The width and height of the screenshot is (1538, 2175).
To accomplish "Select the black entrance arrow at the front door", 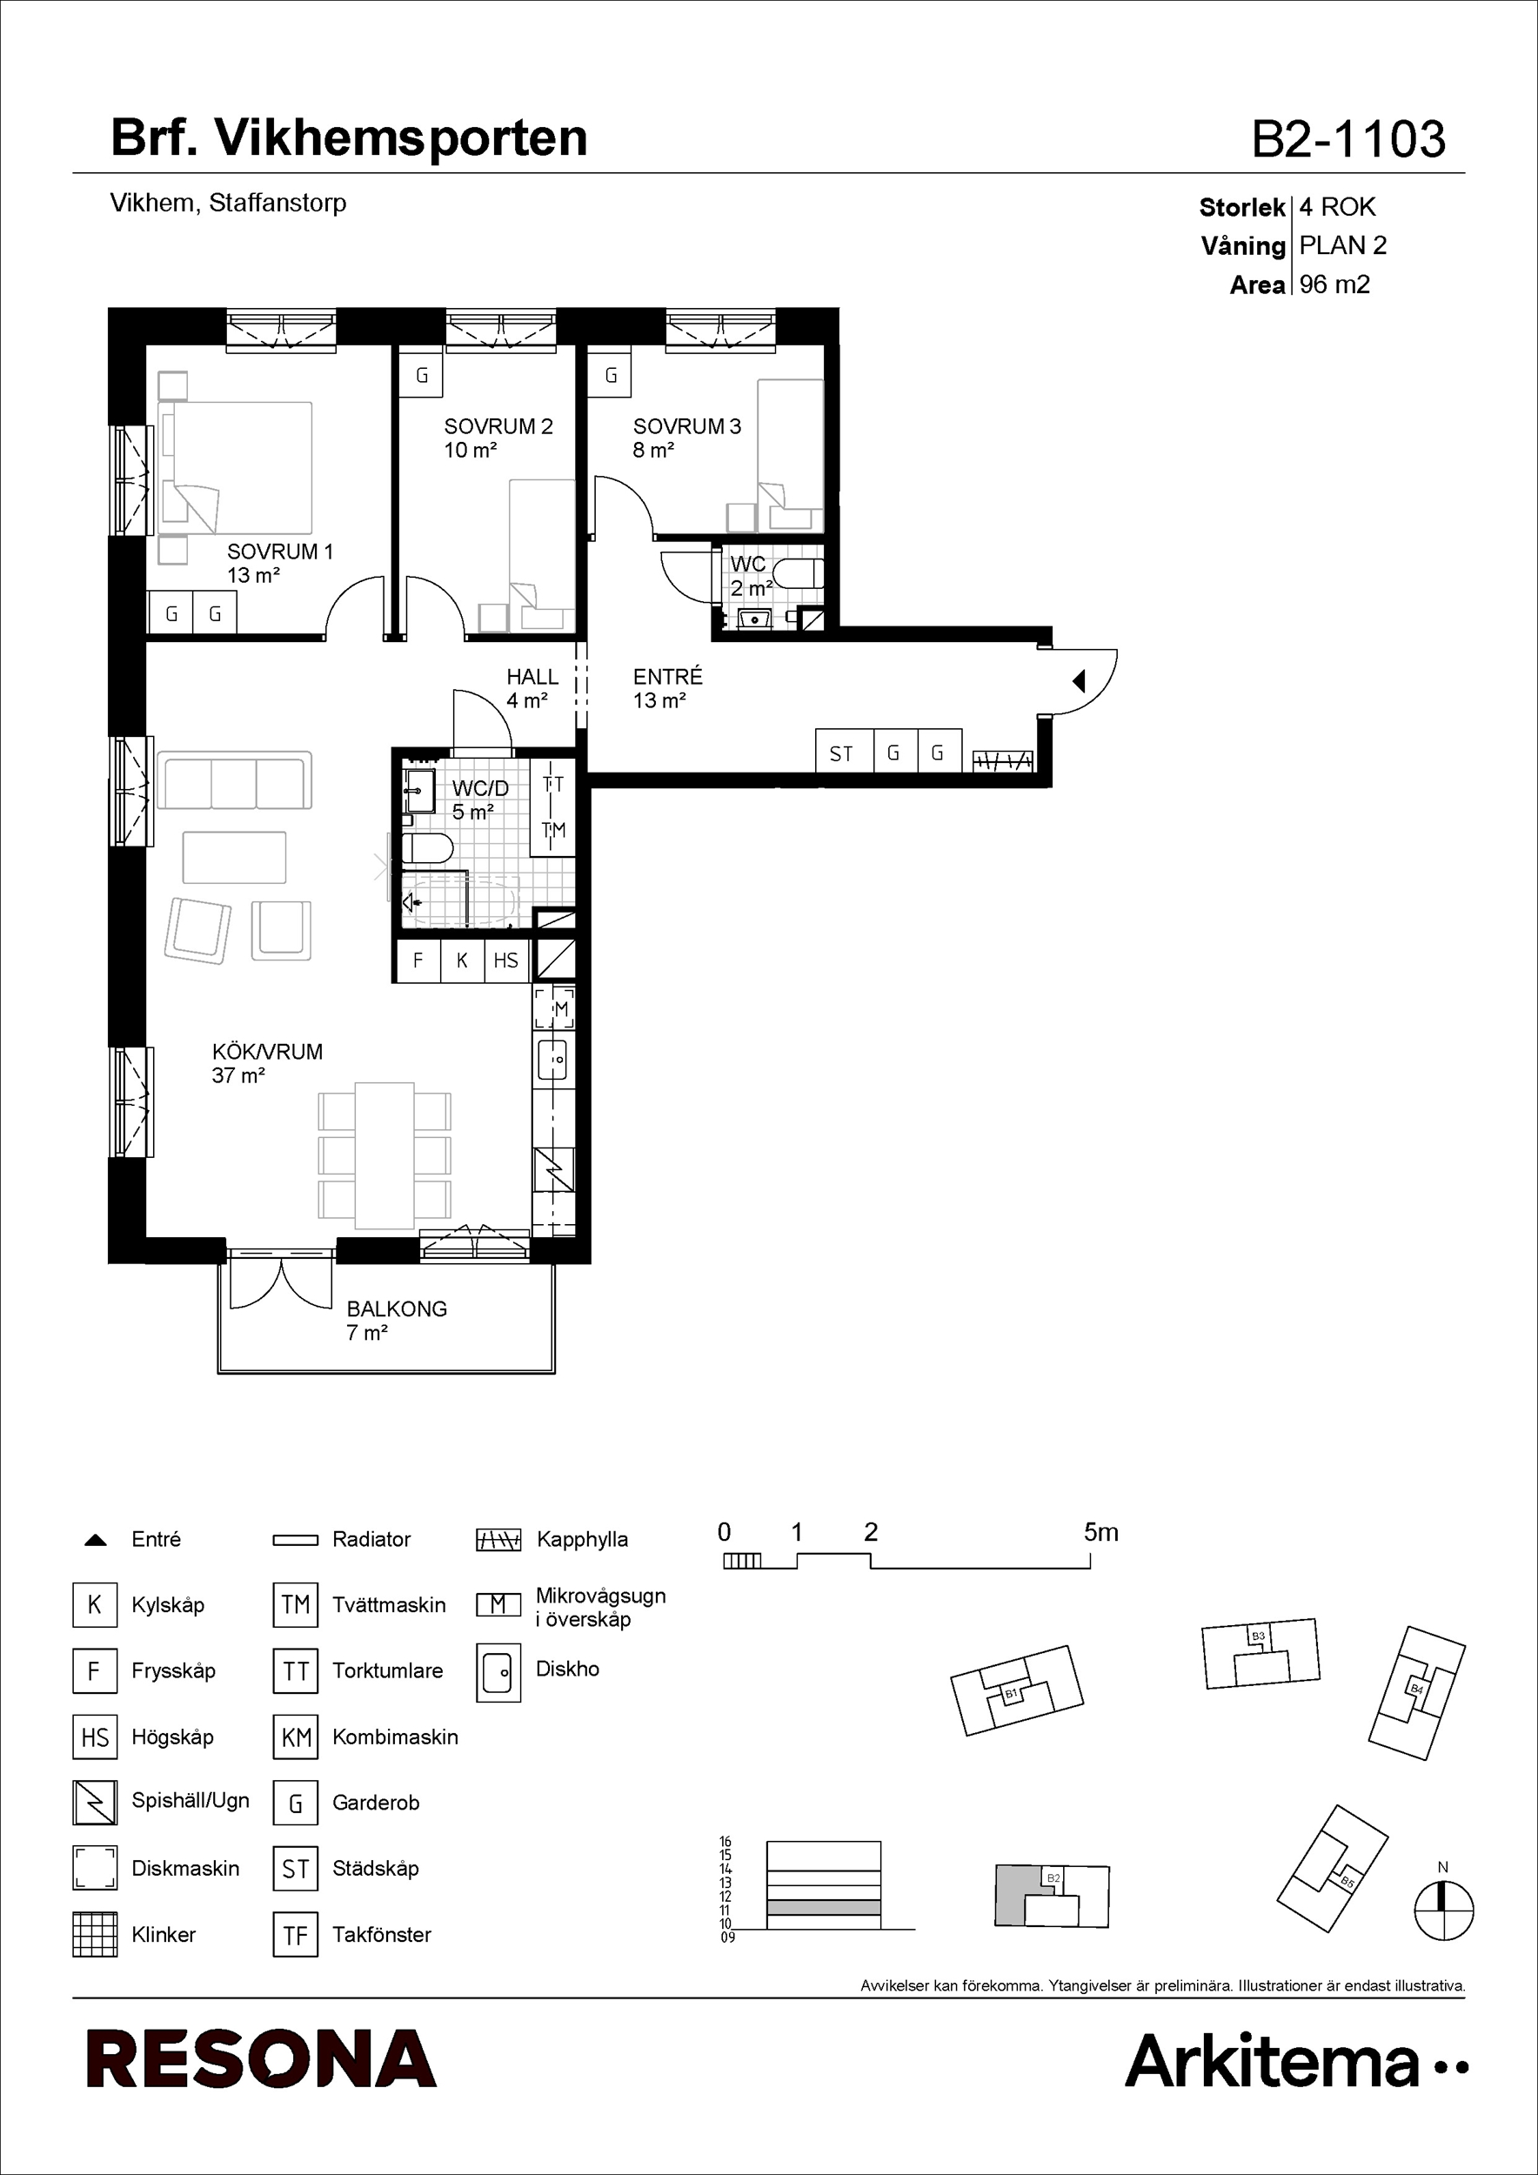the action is (x=1078, y=680).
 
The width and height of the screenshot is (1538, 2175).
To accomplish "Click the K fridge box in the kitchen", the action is (x=462, y=960).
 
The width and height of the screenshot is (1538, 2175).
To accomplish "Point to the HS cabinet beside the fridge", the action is (x=506, y=960).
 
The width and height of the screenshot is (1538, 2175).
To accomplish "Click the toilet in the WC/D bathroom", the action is (x=427, y=848).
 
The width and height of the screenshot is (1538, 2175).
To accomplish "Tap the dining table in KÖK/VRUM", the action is (x=384, y=1155).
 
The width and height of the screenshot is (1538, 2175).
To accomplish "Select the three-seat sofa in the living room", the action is (x=235, y=780).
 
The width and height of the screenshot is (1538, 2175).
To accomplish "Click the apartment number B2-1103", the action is (x=1348, y=138).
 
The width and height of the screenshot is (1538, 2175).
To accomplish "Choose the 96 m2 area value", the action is (x=1334, y=284).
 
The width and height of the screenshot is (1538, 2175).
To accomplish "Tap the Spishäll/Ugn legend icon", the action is (x=95, y=1803).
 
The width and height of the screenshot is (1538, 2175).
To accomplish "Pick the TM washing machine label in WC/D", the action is (x=553, y=830).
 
